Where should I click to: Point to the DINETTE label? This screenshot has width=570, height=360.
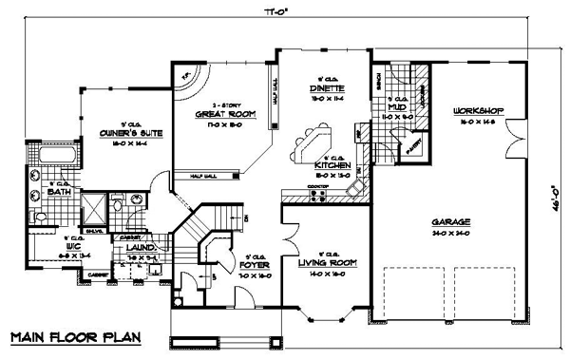click(330, 87)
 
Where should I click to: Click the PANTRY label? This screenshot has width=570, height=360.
click(412, 149)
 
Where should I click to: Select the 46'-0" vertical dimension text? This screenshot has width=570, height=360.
click(556, 180)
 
